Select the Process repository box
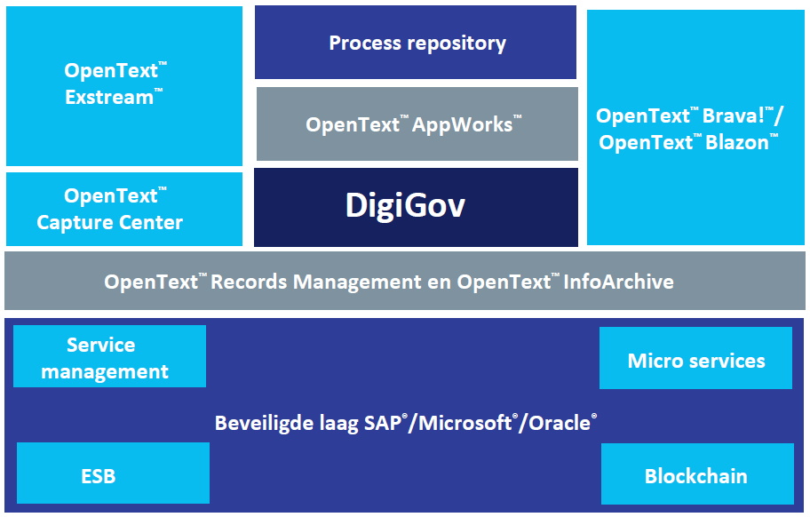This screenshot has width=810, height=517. (416, 43)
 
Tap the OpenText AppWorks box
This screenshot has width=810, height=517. (416, 124)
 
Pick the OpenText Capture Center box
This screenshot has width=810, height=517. (123, 210)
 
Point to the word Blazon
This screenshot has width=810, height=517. (738, 143)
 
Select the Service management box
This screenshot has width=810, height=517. (108, 357)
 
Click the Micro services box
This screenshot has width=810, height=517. (695, 360)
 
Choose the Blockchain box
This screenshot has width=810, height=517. (695, 475)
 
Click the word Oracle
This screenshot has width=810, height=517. (560, 423)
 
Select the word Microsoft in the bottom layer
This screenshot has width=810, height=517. (465, 423)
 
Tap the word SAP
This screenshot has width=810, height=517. (382, 423)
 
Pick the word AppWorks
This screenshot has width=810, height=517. (464, 124)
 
